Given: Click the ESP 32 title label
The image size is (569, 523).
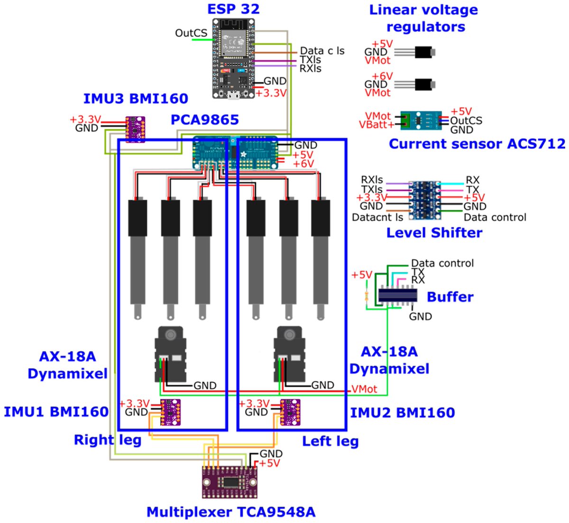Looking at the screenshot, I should [233, 9].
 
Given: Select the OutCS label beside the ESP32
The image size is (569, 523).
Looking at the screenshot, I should [191, 33].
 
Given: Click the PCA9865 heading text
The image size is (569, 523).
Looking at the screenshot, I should [204, 119].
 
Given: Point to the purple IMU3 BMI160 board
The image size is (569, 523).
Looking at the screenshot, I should [135, 129].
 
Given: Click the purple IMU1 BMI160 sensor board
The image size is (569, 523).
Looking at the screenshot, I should [170, 412].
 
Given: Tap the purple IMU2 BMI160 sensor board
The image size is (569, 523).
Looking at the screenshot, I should [290, 412].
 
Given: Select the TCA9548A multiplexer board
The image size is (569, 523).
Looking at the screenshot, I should [230, 481].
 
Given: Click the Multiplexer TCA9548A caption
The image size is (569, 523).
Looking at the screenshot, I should [230, 512].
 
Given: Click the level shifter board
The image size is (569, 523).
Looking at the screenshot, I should [424, 200].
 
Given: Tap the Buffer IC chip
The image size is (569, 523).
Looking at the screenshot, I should [397, 296].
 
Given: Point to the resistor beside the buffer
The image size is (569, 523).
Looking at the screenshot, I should [366, 296].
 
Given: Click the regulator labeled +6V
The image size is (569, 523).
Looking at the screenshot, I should [424, 84].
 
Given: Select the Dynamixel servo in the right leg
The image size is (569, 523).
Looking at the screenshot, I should [170, 353].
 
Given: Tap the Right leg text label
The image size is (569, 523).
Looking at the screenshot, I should [108, 440].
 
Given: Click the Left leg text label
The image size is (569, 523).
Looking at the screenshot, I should [330, 441].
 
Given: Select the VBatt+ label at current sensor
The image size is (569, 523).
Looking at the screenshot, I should [376, 125].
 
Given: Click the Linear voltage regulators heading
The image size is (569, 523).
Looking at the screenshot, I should [423, 18].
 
